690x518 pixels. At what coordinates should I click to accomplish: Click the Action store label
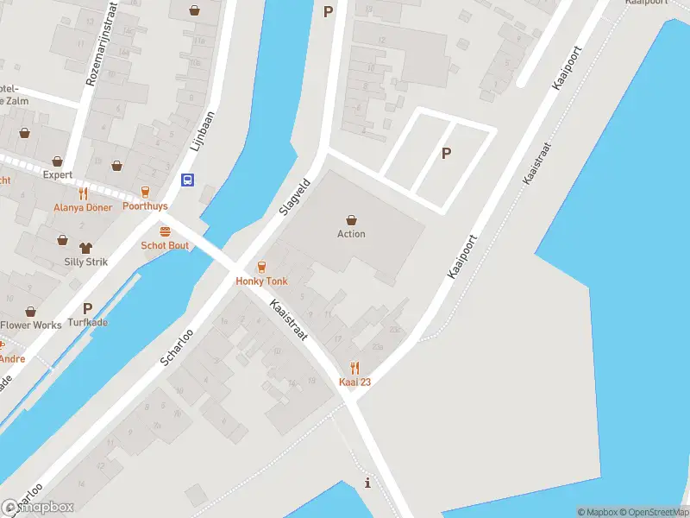[x=351, y=234]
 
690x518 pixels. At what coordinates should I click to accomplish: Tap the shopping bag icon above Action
[x=351, y=219]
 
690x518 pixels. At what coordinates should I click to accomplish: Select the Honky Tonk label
[x=261, y=281]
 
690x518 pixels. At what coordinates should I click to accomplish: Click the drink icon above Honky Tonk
[x=261, y=267]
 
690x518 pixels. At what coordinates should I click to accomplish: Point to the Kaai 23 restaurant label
[x=354, y=382]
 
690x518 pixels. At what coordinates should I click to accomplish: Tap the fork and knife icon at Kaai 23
[x=354, y=368]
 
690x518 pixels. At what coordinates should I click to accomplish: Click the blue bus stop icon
[x=186, y=180]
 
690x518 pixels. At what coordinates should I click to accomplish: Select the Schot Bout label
[x=165, y=245]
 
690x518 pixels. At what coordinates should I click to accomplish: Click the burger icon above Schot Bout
[x=165, y=231]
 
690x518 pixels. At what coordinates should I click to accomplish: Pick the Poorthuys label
[x=145, y=206]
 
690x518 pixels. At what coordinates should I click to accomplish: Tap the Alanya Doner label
[x=83, y=207]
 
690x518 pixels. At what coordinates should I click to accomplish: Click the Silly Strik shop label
[x=85, y=262]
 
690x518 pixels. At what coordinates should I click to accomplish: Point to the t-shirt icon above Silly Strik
[x=85, y=248]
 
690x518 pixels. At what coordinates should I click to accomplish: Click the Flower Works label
[x=31, y=325]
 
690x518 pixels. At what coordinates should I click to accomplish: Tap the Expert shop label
[x=58, y=174]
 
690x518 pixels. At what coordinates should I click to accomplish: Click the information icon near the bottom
[x=368, y=483]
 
